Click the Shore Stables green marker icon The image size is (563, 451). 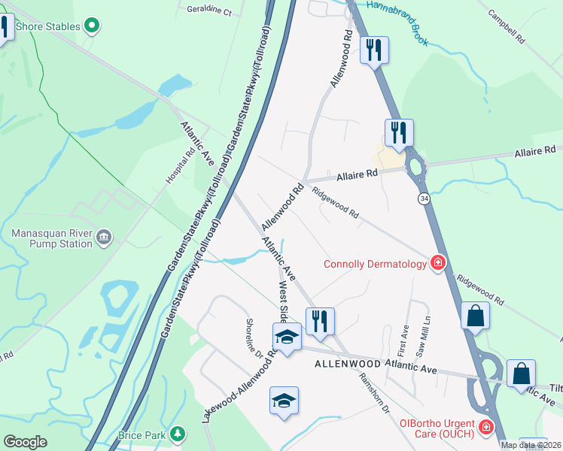93,27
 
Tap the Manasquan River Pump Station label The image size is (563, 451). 52,238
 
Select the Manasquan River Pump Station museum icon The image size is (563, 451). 104,238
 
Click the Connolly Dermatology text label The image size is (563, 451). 374,263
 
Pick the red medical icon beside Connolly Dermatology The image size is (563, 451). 437,262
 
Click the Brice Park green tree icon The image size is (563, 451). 177,434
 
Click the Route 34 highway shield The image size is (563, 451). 425,198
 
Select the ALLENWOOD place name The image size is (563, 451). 345,364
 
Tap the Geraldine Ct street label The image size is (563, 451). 209,11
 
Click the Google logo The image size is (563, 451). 26,441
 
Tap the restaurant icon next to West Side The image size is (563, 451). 320,321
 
